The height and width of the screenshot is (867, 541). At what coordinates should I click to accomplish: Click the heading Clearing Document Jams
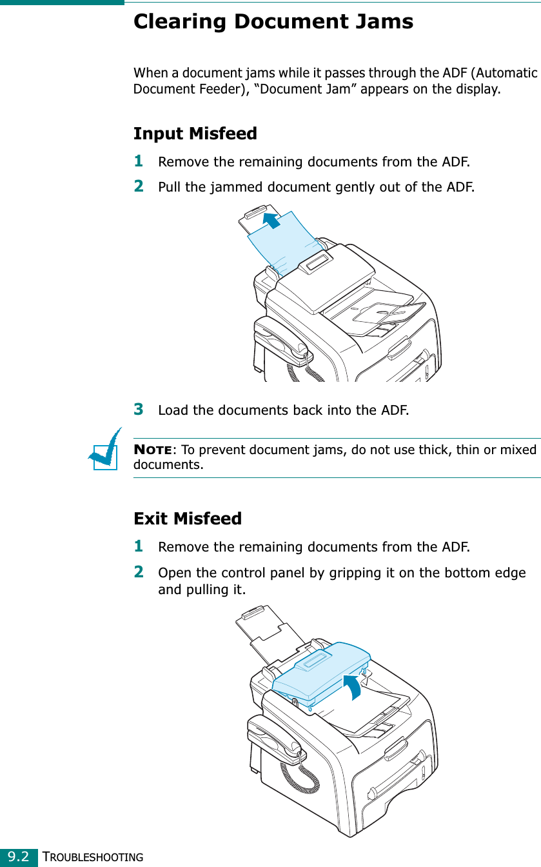273,22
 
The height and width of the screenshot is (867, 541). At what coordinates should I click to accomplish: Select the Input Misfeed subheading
195,134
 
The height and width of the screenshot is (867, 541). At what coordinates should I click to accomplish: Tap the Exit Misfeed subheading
187,518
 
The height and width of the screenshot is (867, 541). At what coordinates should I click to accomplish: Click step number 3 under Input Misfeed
138,409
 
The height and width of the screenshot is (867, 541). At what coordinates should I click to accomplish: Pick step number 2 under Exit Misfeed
138,572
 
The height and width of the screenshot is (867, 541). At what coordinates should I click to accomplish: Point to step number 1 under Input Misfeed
138,159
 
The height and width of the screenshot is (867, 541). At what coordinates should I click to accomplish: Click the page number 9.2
18,857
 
